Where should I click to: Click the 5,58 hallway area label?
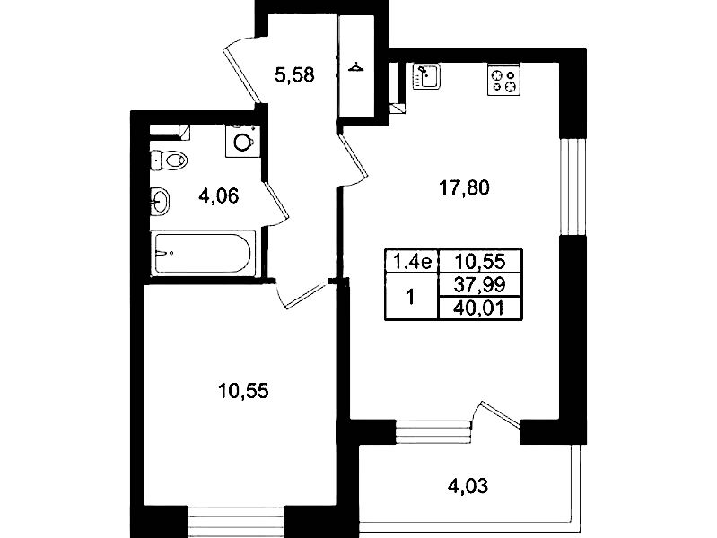pos(294,74)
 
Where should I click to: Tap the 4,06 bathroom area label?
pos(219,196)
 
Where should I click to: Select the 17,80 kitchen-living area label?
pos(464,188)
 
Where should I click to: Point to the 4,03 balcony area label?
pos(468,485)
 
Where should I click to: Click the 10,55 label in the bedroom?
pos(243,391)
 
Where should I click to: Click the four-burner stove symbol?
pos(504,81)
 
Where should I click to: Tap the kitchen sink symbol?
pos(426,76)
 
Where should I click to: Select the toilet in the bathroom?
pos(169,160)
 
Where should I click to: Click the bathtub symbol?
pos(203,253)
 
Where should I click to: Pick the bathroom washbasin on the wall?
pos(160,201)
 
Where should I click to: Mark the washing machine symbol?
pos(243,142)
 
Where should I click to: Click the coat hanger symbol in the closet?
pos(355,68)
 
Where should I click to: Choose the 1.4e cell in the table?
pos(412,262)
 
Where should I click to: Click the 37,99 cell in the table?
pos(480,285)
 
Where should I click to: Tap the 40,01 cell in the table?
pos(480,308)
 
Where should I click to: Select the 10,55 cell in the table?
pos(480,262)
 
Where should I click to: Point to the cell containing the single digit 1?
pos(412,297)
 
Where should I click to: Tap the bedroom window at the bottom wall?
pos(236,522)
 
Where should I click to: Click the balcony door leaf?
pos(500,413)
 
